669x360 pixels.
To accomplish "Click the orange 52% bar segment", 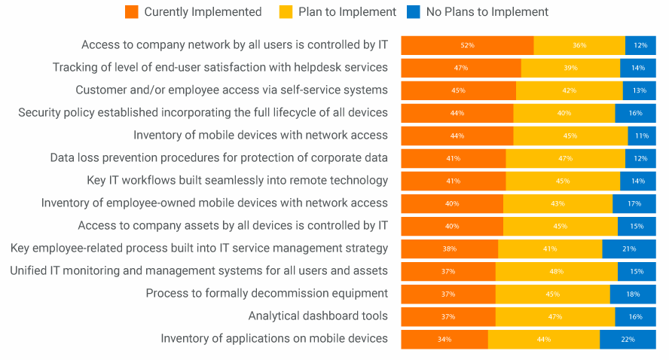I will coord(467,45).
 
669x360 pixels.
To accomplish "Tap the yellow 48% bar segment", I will coord(557,271).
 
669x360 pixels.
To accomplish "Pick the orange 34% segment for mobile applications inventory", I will coord(444,339).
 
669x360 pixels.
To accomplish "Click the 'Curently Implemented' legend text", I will coord(203,11).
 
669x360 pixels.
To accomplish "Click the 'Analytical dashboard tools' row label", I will coord(318,316).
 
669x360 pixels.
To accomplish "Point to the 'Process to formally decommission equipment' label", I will coord(267,294).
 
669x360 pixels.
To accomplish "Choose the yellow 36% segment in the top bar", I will coord(579,45).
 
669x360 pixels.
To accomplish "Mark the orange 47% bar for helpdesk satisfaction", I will coord(460,68).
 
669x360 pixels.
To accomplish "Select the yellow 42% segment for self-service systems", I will coord(570,90).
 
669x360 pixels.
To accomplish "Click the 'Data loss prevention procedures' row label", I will coord(219,158).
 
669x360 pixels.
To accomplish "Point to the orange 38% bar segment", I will coord(449,249).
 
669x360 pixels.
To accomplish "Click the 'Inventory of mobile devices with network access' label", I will coord(261,136).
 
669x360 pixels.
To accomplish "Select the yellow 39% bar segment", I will coord(570,68).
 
